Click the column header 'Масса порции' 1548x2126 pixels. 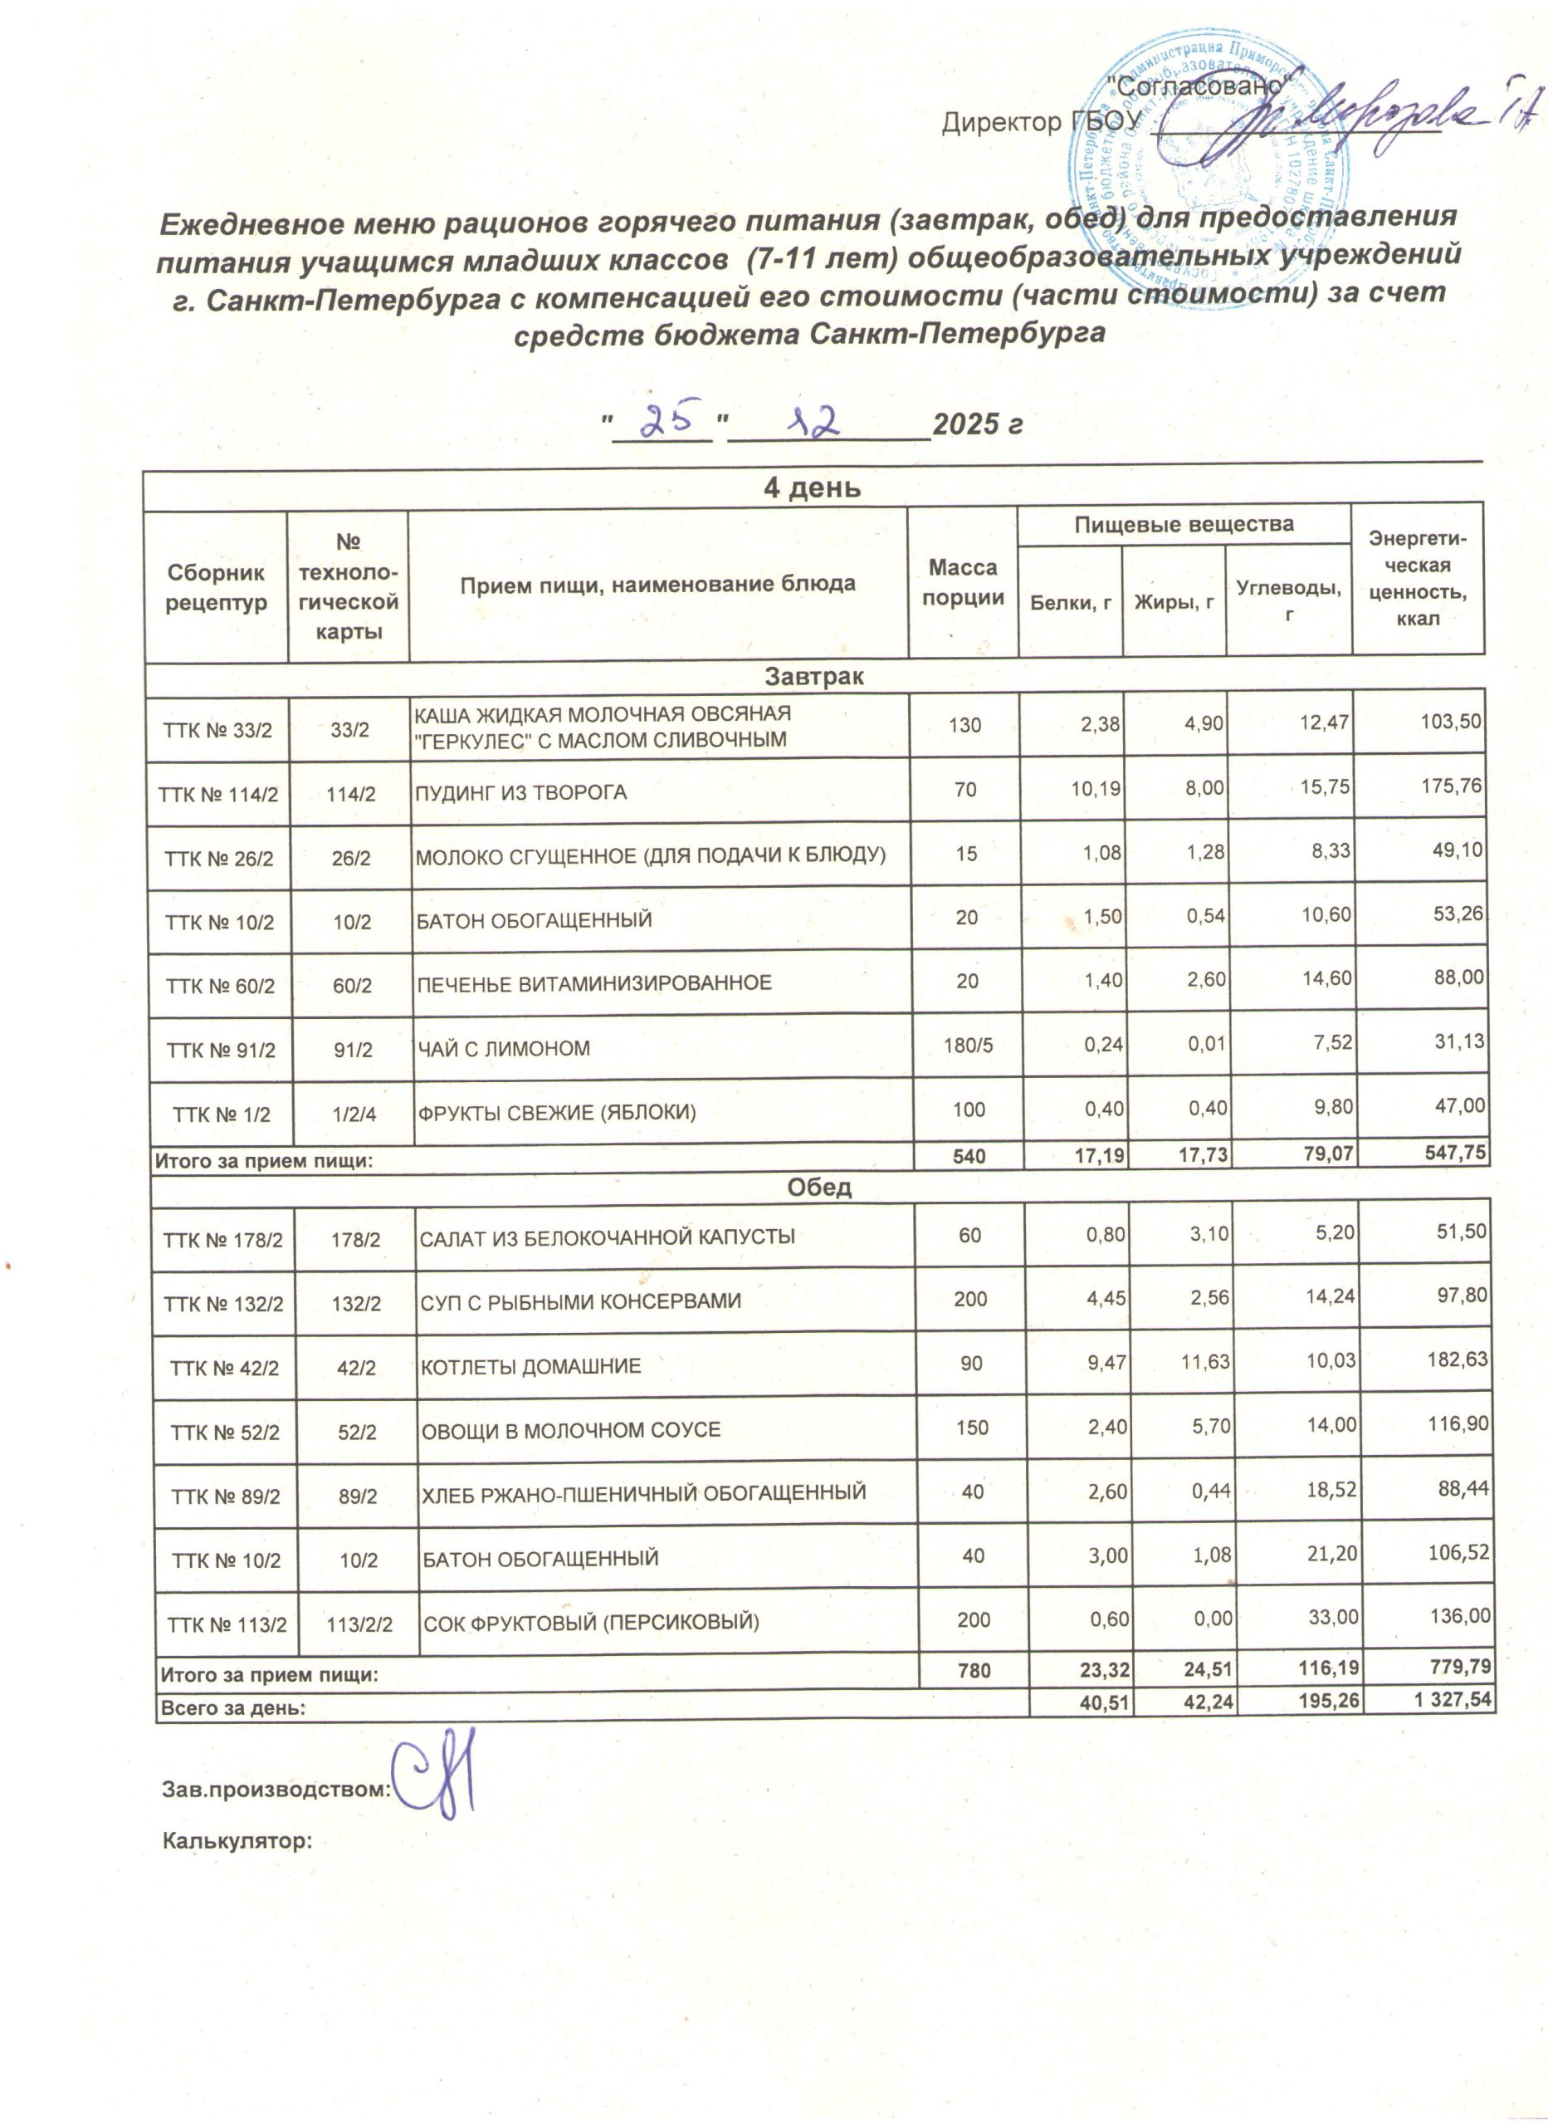click(962, 582)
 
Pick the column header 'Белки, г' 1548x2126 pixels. click(1070, 603)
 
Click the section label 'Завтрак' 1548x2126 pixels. click(813, 676)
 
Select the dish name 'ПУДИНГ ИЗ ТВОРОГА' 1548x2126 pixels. click(521, 792)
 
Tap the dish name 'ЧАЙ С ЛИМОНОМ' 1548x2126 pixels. click(503, 1048)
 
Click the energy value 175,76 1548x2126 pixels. click(1451, 786)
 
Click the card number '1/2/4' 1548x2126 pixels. click(354, 1114)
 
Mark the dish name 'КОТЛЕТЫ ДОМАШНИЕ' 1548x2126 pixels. click(530, 1366)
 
